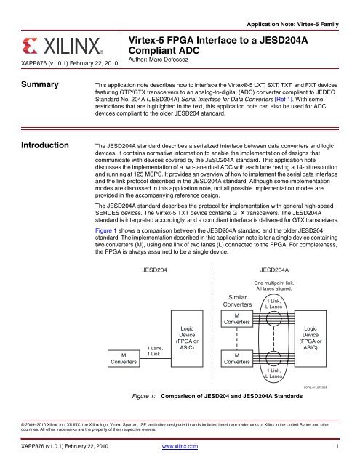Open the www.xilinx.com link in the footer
tap(180, 456)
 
